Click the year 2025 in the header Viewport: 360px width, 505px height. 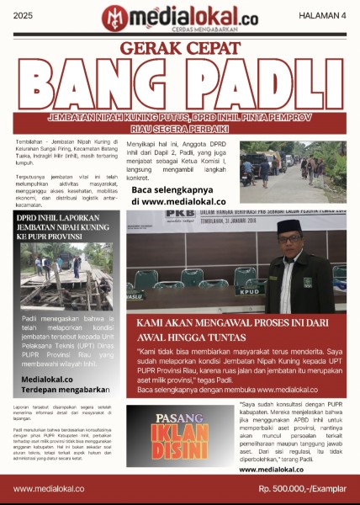(x=23, y=16)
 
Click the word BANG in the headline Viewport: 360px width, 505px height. (x=99, y=87)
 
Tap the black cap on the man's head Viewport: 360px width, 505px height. (x=289, y=226)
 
